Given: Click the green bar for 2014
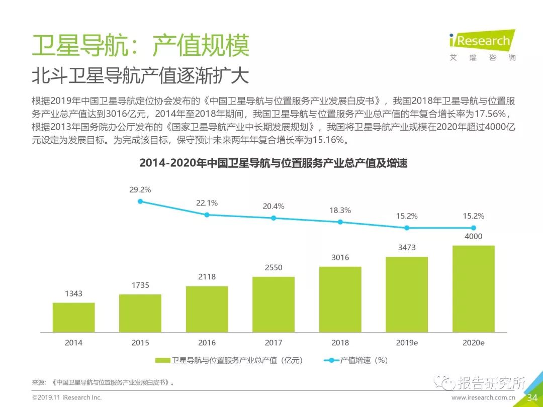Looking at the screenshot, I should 73,317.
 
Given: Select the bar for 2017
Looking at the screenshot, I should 273,304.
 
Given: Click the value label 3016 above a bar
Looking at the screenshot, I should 340,258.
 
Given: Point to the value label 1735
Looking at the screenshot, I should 140,285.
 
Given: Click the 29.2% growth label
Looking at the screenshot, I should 140,190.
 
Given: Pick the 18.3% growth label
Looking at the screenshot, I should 340,211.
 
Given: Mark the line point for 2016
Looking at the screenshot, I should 207,215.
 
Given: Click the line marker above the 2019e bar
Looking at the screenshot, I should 407,228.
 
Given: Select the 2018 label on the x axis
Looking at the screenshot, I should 340,343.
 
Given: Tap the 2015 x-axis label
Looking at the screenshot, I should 140,343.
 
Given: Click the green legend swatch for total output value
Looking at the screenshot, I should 162,360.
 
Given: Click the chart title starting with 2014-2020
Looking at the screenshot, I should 273,163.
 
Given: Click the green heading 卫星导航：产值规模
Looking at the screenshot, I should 140,46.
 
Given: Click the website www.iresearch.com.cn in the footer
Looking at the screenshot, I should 483,397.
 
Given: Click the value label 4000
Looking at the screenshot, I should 473,237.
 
